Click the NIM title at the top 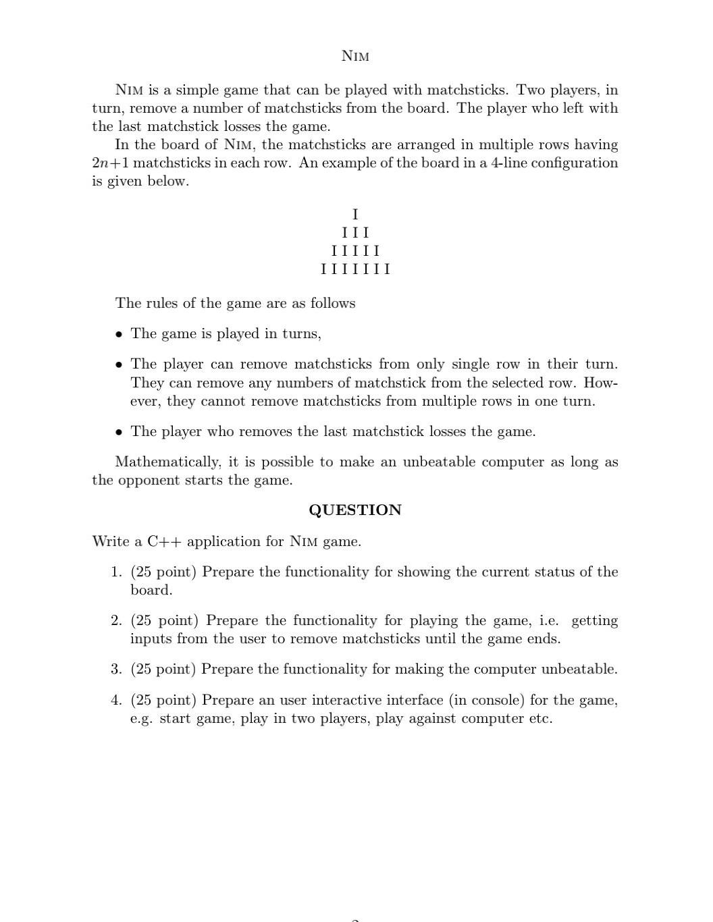pyautogui.click(x=355, y=56)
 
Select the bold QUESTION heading pyautogui.click(x=355, y=510)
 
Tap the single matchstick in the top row pyautogui.click(x=355, y=215)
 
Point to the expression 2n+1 pyautogui.click(x=111, y=163)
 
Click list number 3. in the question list pyautogui.click(x=116, y=669)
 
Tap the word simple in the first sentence pyautogui.click(x=197, y=90)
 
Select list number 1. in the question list pyautogui.click(x=116, y=572)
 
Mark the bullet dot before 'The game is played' pyautogui.click(x=119, y=333)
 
